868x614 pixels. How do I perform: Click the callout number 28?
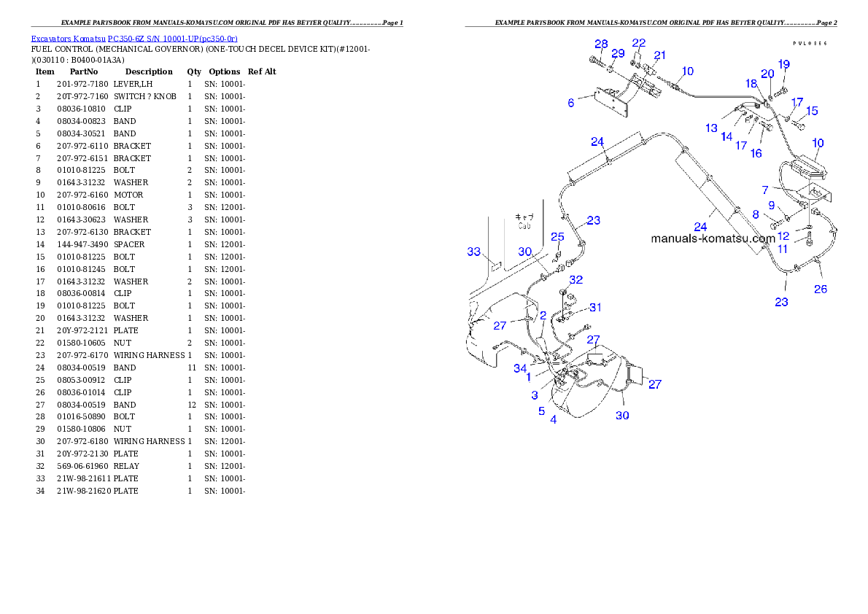tap(600, 44)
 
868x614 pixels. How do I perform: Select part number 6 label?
tap(571, 103)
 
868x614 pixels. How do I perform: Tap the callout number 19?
tap(783, 65)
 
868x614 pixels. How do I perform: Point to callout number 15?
tap(812, 111)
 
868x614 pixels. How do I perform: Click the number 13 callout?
tap(711, 128)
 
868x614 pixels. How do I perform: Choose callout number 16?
tap(756, 153)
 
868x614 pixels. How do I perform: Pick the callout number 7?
tap(786, 190)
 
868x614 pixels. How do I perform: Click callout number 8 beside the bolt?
tap(756, 214)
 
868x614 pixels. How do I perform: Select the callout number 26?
tap(821, 289)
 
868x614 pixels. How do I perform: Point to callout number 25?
tap(557, 236)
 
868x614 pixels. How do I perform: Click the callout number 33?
tap(474, 252)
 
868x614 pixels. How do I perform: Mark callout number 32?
tap(576, 279)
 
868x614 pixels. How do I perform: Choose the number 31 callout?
tap(596, 307)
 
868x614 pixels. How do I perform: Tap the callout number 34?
tap(520, 368)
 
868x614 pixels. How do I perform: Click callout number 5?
tap(541, 411)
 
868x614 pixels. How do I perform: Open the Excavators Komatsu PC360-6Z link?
tap(133, 38)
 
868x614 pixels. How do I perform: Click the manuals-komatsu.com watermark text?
tap(713, 238)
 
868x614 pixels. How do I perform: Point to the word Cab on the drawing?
tap(524, 226)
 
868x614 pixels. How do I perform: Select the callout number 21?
tap(659, 55)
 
